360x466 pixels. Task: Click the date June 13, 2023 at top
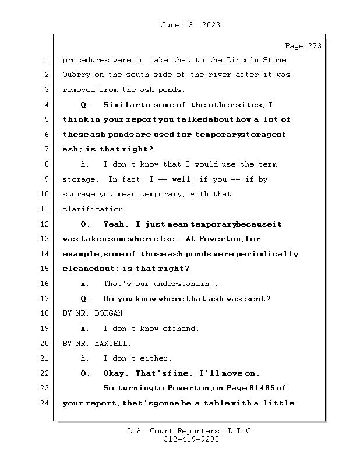point(189,25)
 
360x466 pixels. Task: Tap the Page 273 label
point(302,46)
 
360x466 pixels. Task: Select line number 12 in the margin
point(45,224)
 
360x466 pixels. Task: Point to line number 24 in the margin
point(45,403)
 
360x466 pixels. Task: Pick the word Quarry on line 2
point(76,75)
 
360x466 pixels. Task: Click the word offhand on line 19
point(181,329)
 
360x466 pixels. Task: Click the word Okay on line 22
point(115,373)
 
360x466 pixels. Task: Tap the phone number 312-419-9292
point(190,440)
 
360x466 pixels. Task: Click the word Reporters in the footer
point(193,431)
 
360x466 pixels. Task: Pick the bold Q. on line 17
point(85,299)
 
